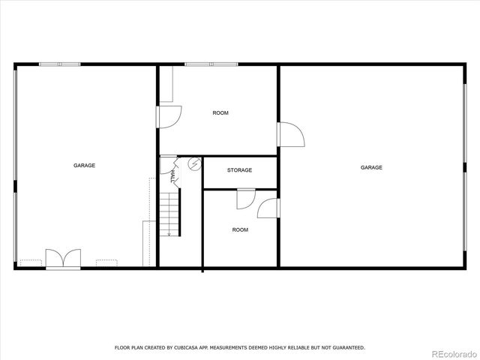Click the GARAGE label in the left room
[x=84, y=165]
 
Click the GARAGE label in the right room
[x=371, y=167]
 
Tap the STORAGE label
[x=239, y=170]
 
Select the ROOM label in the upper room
[x=220, y=112]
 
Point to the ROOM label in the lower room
[x=239, y=229]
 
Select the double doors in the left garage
[x=62, y=258]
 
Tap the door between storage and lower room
[x=244, y=198]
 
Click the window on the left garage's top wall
[x=60, y=64]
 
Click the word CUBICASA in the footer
[x=189, y=347]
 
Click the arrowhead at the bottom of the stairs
[x=169, y=234]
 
